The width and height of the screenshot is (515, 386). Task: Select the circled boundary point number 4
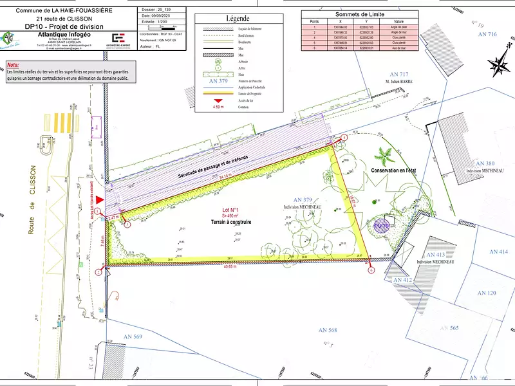(344, 138)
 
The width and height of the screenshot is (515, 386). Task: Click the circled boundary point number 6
(371, 271)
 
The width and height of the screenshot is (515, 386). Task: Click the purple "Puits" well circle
(381, 226)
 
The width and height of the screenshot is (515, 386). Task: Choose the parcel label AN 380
(485, 164)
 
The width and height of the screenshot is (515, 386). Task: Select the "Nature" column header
(398, 21)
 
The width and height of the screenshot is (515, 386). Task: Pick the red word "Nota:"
(13, 66)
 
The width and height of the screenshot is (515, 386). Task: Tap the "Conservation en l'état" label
(394, 170)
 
